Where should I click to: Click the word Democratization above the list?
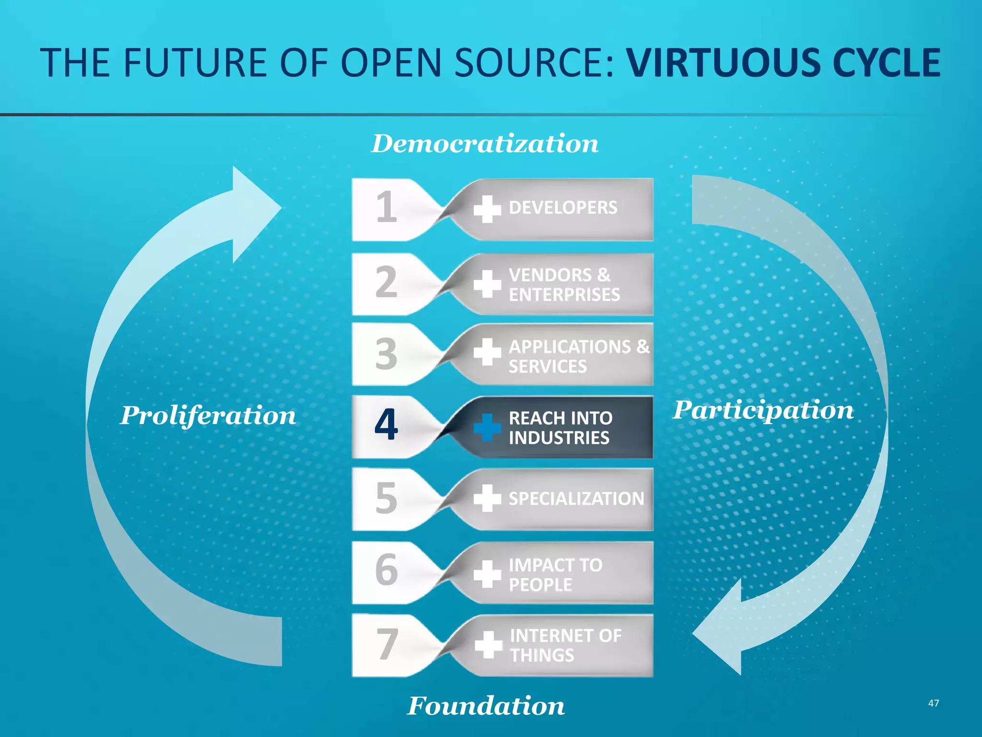[x=485, y=144]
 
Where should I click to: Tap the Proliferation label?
[x=208, y=415]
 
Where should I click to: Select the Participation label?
[x=763, y=410]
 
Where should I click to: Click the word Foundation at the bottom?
[x=486, y=706]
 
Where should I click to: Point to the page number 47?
[x=933, y=703]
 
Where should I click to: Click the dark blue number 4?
[x=386, y=425]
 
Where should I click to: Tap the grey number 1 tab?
[x=386, y=207]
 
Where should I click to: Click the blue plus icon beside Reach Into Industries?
[x=487, y=427]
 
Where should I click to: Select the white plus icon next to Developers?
[x=487, y=209]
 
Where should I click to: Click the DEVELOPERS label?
[x=563, y=208]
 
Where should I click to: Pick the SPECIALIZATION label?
[x=576, y=499]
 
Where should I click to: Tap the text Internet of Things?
[x=565, y=645]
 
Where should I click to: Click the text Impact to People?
[x=555, y=574]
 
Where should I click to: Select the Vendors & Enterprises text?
[x=564, y=285]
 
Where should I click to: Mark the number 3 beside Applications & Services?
[x=386, y=354]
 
